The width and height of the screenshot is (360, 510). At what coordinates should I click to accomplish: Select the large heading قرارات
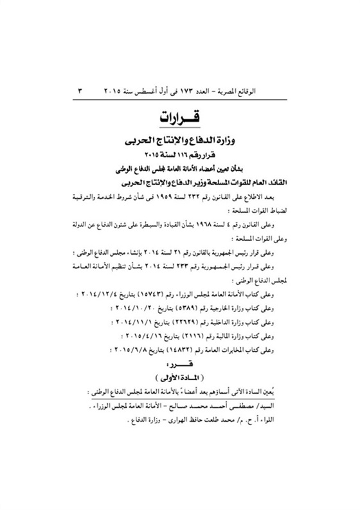click(x=179, y=119)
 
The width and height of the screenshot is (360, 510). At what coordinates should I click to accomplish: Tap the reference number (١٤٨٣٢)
click(x=191, y=349)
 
